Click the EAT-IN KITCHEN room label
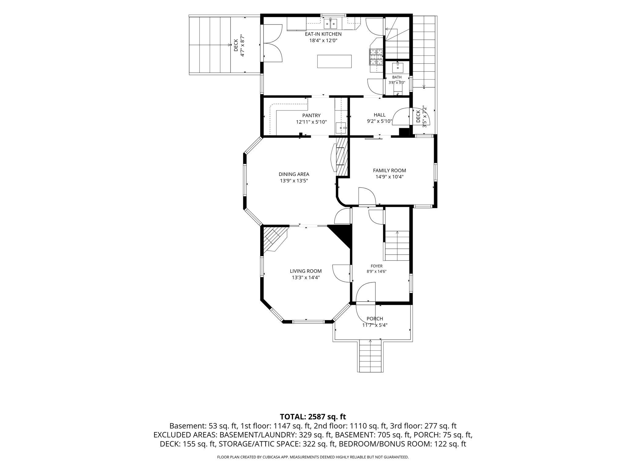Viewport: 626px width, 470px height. pyautogui.click(x=323, y=34)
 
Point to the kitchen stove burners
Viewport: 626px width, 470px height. pyautogui.click(x=376, y=57)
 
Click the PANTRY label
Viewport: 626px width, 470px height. pyautogui.click(x=311, y=115)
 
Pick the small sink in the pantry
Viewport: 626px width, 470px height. pyautogui.click(x=341, y=128)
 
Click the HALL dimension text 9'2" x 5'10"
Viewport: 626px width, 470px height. pyautogui.click(x=379, y=121)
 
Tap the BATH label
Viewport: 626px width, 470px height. pyautogui.click(x=397, y=77)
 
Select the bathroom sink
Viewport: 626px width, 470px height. pyautogui.click(x=398, y=67)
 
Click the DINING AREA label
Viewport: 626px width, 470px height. pyautogui.click(x=294, y=174)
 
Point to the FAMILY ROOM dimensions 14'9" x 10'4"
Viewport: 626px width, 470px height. pyautogui.click(x=389, y=177)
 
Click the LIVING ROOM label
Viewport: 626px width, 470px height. pyautogui.click(x=306, y=271)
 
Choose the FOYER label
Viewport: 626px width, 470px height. pyautogui.click(x=377, y=266)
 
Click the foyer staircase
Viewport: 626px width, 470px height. pyautogui.click(x=397, y=245)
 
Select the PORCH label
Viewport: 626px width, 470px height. pyautogui.click(x=375, y=319)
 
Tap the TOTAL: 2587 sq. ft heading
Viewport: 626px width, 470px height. pyautogui.click(x=313, y=416)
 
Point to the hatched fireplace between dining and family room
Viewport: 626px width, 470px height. pyautogui.click(x=342, y=156)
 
